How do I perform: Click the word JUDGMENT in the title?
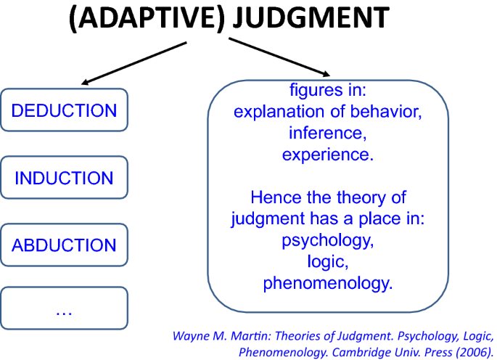tap(311, 17)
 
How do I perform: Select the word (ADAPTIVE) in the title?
tap(147, 17)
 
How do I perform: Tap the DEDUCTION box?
tap(64, 110)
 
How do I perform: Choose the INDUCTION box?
tap(64, 177)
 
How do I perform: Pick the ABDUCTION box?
tap(64, 245)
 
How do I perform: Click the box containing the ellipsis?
tap(64, 308)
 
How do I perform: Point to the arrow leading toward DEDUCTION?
tap(134, 63)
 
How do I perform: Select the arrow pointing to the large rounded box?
tap(279, 57)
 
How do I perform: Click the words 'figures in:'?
tap(328, 90)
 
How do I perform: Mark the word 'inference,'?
tap(328, 133)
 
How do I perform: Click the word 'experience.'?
tap(328, 155)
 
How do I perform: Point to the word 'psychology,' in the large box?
tap(328, 240)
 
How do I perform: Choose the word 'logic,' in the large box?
tap(328, 262)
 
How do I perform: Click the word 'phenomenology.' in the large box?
tap(328, 283)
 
